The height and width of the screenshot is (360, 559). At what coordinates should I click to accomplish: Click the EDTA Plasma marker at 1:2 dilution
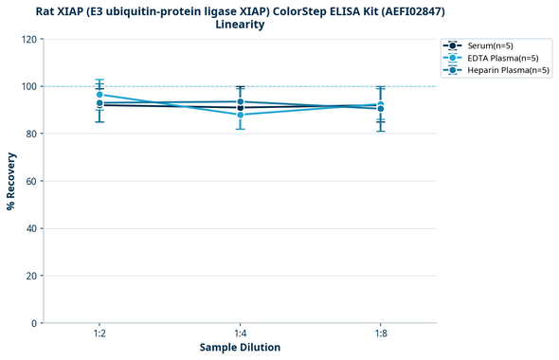(x=99, y=95)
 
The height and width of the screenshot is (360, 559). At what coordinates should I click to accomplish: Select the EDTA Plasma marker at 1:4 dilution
(x=240, y=115)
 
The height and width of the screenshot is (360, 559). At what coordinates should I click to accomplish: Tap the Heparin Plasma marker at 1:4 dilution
(x=240, y=101)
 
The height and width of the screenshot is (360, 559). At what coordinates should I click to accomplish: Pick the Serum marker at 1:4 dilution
(x=240, y=108)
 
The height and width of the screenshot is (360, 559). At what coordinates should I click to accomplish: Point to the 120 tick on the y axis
(x=28, y=39)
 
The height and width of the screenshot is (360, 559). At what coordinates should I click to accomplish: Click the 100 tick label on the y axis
(x=28, y=86)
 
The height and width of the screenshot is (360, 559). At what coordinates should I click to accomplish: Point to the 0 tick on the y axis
(x=34, y=323)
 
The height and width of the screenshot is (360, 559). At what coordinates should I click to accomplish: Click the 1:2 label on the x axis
(x=99, y=333)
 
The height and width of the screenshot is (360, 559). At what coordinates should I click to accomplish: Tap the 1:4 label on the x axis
(x=240, y=333)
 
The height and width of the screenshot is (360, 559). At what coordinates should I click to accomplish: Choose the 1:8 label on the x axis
(x=380, y=333)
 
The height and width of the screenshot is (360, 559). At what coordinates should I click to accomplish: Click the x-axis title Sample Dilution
(x=240, y=348)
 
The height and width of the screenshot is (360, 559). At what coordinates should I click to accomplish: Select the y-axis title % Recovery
(x=11, y=181)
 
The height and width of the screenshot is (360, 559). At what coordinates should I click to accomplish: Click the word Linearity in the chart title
(x=240, y=25)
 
